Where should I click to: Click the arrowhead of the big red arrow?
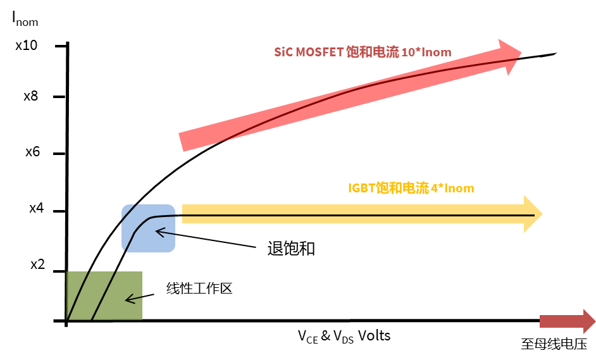click(510, 56)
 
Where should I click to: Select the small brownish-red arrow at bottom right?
click(567, 321)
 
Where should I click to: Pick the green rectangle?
click(104, 295)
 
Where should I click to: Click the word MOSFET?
click(320, 53)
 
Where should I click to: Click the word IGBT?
click(361, 189)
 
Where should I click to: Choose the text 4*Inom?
click(452, 189)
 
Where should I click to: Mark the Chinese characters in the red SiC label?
click(373, 53)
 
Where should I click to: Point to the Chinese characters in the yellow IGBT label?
click(402, 189)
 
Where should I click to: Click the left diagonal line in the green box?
click(78, 295)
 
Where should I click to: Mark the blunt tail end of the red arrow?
click(183, 142)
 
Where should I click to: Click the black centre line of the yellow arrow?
click(354, 215)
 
